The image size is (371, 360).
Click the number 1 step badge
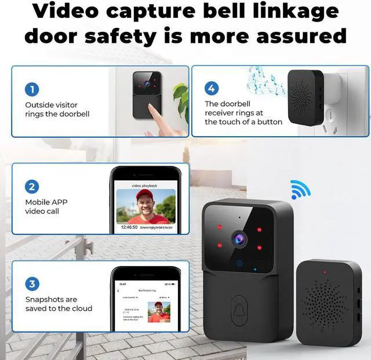coord(32,89)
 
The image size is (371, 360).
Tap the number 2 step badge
coord(32,187)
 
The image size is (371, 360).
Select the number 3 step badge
coord(32,284)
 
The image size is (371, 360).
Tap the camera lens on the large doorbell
coord(238,237)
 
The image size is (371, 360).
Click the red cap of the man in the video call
coord(145,196)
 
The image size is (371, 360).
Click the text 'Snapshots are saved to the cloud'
coord(59,304)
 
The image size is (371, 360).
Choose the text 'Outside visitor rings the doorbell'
coord(57,110)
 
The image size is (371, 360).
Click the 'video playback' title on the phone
coord(144,186)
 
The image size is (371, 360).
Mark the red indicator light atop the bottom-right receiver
coord(325,271)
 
